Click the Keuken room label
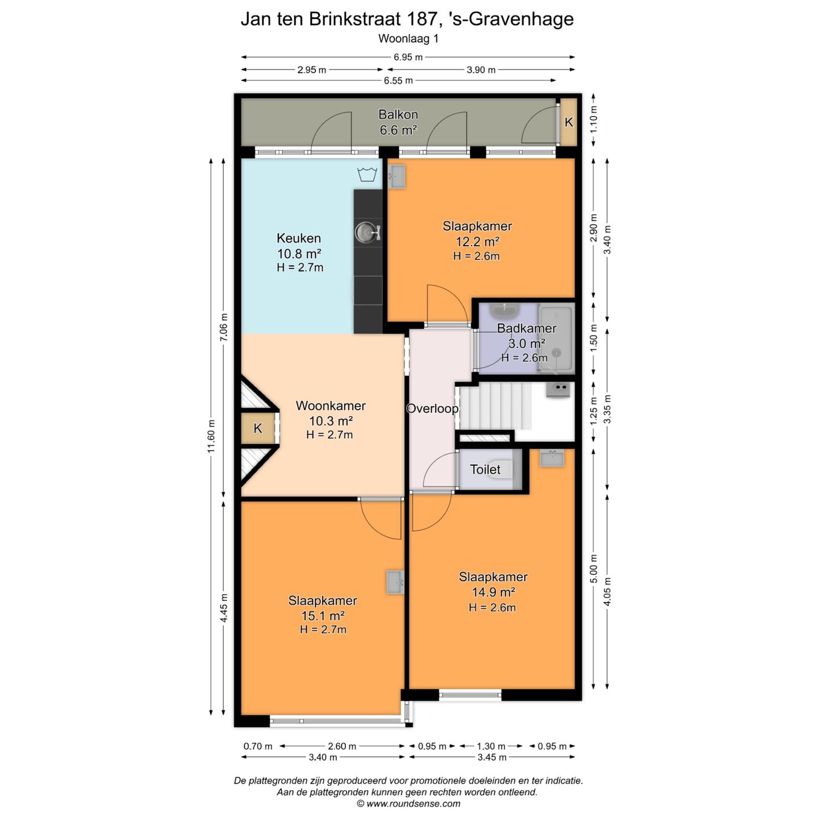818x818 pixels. pos(298,238)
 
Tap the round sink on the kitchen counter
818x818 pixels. pos(364,232)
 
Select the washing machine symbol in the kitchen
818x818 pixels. pos(367,174)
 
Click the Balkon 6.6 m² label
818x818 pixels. pos(398,122)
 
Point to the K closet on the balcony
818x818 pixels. pos(569,122)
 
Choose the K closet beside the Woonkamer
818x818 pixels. pos(258,428)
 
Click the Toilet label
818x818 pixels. pos(485,469)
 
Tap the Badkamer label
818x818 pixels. pos(527,328)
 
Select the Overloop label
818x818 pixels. pos(432,408)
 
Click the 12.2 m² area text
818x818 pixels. pos(477,241)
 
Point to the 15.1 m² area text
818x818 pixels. pos(323,616)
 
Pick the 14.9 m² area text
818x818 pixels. pos(493,592)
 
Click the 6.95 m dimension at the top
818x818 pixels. pos(408,57)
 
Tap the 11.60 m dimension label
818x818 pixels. pos(211,436)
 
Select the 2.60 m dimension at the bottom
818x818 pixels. pos(342,746)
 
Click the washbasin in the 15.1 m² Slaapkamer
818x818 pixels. pos(395,582)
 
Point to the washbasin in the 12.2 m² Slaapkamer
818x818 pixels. pos(397,176)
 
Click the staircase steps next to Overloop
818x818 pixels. pos(495,406)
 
